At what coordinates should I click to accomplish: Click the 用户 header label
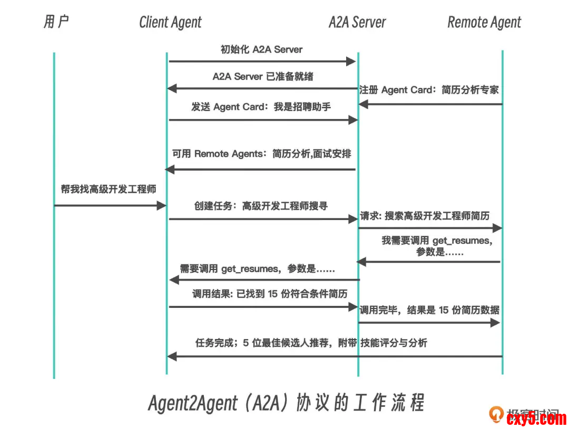coord(56,22)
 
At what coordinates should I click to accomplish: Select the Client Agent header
coord(170,23)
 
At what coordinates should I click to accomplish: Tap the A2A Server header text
coord(357,23)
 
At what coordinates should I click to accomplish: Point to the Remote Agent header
coord(484,23)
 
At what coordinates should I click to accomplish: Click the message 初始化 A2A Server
coord(261,50)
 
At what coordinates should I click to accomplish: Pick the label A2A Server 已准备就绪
coord(262,76)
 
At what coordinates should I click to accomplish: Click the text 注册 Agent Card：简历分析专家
coord(429,90)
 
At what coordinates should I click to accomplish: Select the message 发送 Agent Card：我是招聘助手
coord(261,107)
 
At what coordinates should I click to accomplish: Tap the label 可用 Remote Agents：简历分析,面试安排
coord(261,154)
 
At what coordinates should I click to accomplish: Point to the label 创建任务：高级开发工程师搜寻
coord(261,206)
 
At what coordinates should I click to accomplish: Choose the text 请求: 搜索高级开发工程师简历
coord(425,216)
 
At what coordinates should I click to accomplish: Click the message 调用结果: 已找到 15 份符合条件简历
coord(262,294)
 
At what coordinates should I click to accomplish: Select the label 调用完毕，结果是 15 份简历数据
coord(429,310)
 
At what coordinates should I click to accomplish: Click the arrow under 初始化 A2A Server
coord(262,62)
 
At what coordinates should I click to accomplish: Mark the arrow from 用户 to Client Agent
coord(110,205)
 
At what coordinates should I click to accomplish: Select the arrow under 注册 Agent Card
coord(430,104)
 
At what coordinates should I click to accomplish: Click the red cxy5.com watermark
coord(536,419)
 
